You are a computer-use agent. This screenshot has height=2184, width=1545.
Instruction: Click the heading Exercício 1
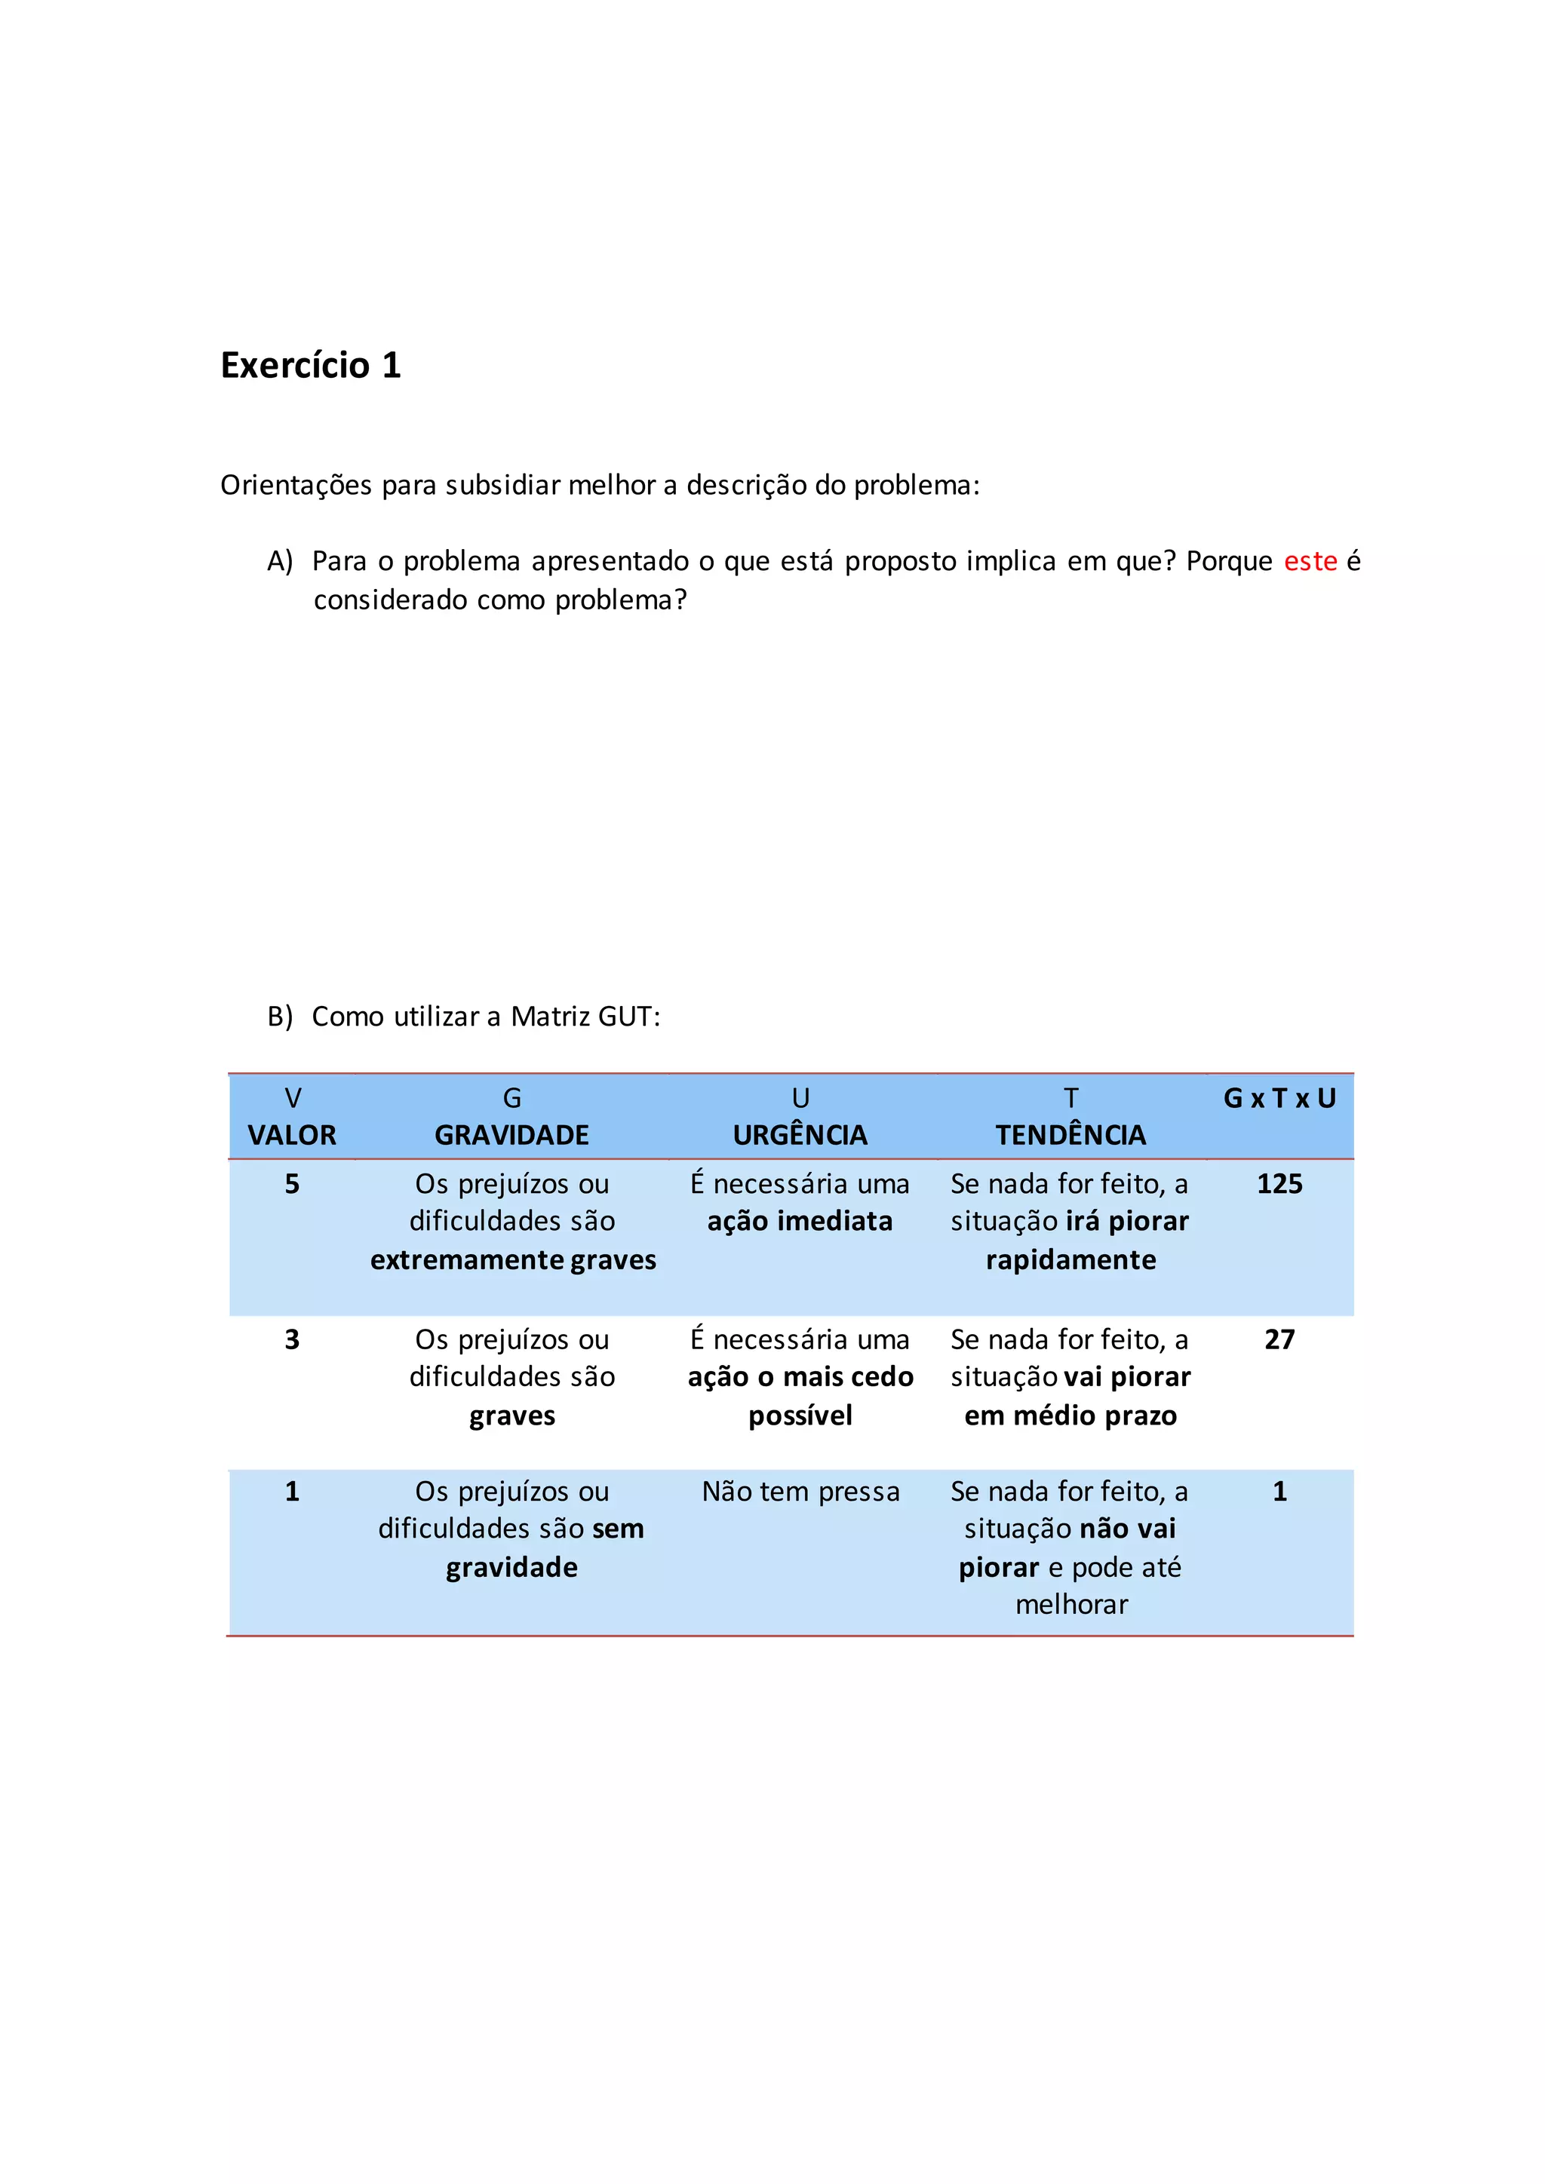(310, 365)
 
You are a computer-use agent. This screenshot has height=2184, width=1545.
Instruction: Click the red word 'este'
(1310, 561)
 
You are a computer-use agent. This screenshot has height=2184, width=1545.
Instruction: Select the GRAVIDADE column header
(511, 1135)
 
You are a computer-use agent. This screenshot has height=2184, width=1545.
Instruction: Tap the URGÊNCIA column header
(800, 1135)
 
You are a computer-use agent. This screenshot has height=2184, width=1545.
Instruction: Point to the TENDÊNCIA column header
(1070, 1135)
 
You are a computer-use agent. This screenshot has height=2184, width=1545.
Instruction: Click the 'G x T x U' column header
(1279, 1099)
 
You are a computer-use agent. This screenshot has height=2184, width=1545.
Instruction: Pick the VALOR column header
(292, 1135)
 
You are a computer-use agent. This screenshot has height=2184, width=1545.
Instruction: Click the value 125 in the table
(1279, 1184)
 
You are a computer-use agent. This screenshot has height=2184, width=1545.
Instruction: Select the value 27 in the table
(1279, 1339)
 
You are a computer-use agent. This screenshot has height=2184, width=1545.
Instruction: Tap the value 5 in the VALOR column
(292, 1184)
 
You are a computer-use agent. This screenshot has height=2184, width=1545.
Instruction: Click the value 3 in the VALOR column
(292, 1339)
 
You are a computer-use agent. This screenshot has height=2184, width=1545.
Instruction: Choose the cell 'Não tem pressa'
(800, 1492)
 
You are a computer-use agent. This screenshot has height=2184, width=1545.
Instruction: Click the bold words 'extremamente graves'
(513, 1260)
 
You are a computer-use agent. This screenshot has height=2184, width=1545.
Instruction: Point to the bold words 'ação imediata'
(800, 1222)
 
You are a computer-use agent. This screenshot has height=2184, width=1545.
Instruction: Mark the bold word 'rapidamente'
(1070, 1260)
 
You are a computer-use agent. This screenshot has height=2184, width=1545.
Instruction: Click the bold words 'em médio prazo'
(1070, 1416)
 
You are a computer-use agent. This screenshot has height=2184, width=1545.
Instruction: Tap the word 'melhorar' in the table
(1071, 1605)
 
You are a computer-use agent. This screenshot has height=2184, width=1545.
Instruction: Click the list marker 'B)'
(280, 1017)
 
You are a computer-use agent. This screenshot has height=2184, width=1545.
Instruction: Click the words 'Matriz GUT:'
(585, 1017)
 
